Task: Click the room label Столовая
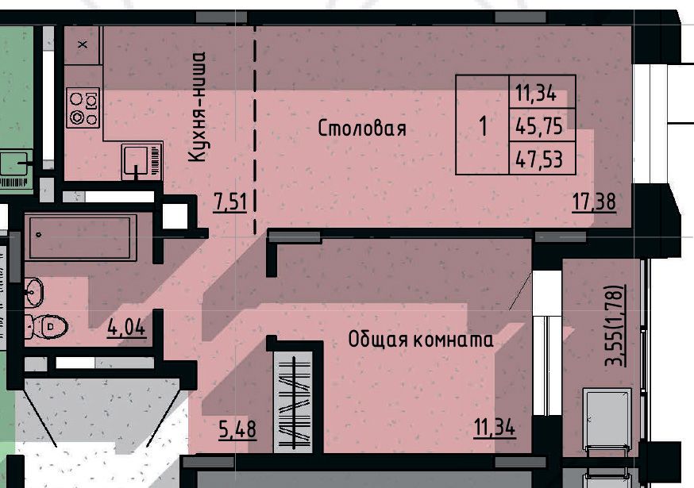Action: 362,129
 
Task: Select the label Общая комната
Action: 421,340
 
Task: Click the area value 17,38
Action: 594,202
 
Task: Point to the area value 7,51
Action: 229,202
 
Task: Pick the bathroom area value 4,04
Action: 126,328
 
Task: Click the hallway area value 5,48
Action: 237,429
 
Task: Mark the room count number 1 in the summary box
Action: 483,125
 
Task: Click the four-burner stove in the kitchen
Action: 83,107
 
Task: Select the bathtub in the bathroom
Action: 80,237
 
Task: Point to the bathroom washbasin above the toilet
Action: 34,291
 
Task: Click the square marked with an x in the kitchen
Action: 83,44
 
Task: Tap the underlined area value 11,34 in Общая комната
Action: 495,428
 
